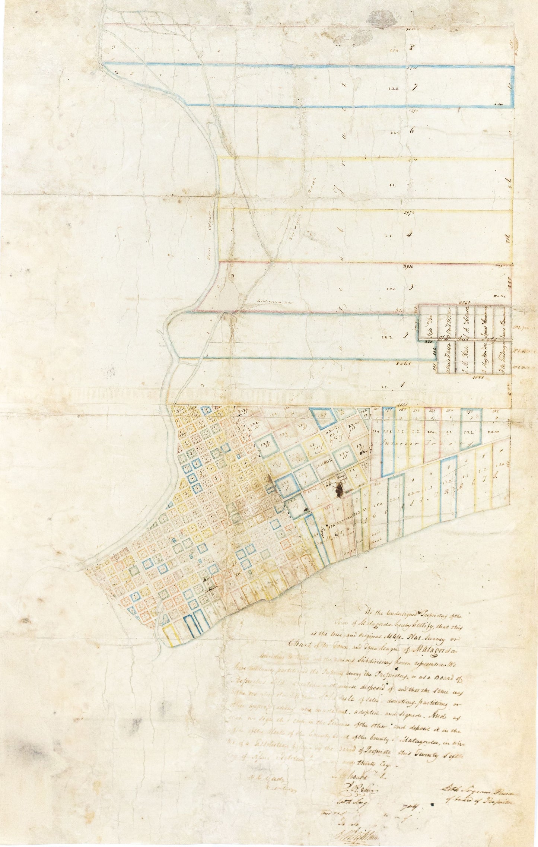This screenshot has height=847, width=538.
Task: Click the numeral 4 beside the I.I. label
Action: pos(410,235)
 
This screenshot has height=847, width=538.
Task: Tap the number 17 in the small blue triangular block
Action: pos(366,414)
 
